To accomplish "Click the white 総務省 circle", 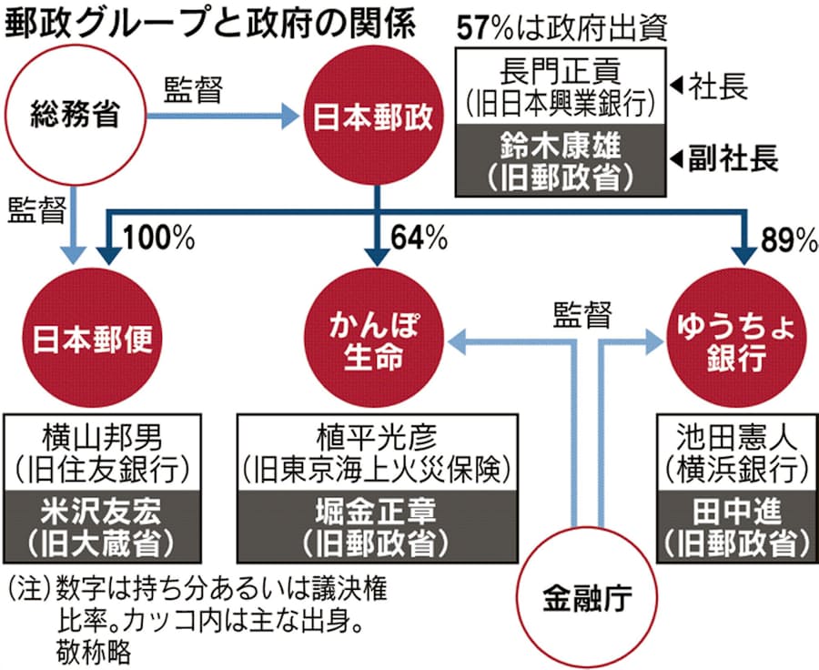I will pos(76,116).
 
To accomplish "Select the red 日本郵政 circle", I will pos(377,116).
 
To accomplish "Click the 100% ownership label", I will pos(159,239).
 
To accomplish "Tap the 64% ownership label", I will pos(419,239).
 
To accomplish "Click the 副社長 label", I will pos(735,159).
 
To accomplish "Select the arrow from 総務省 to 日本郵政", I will pos(224,116).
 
